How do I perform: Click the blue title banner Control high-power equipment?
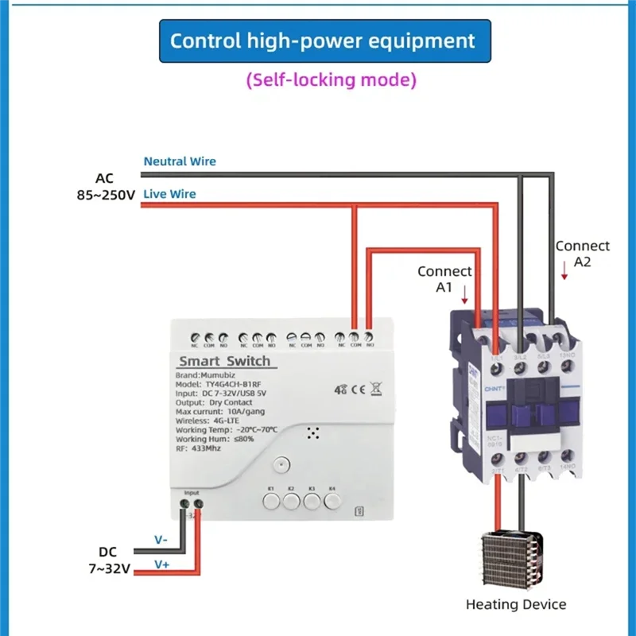tap(324, 41)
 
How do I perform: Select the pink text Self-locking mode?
tap(331, 80)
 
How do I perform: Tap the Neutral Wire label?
tap(180, 161)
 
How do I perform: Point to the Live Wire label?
tap(169, 194)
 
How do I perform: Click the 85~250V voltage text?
tap(100, 195)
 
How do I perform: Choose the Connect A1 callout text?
tap(444, 279)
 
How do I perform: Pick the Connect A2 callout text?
tap(582, 254)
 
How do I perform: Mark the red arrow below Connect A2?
tap(564, 273)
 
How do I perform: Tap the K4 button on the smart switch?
tap(333, 500)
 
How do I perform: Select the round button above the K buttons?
tap(279, 466)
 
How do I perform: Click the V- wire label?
tap(161, 540)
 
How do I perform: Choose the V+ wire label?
tap(161, 564)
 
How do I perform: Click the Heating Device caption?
tap(516, 604)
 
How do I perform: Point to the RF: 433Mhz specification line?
tap(200, 448)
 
